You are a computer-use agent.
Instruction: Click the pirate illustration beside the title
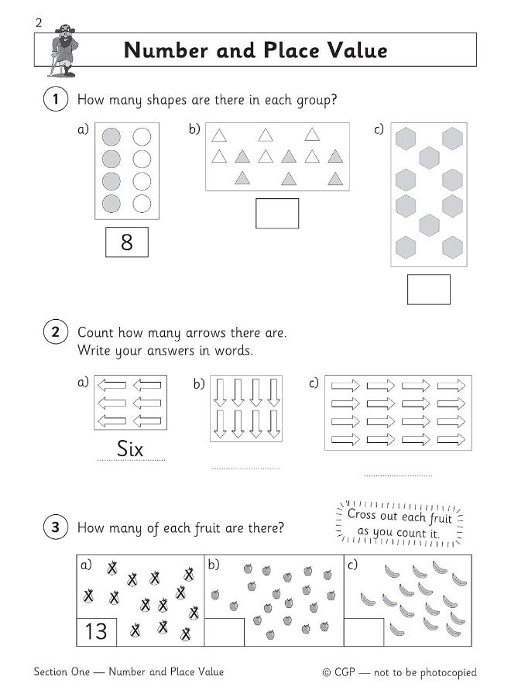point(63,50)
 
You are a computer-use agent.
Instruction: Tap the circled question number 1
point(56,98)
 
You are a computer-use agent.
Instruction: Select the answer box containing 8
point(127,242)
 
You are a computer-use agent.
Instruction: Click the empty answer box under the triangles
point(277,214)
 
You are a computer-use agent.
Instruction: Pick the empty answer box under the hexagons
point(429,290)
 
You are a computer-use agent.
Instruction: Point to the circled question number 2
point(56,332)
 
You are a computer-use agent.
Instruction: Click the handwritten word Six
point(130,448)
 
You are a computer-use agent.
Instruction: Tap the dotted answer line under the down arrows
point(246,468)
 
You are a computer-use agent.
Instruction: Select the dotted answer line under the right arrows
point(398,476)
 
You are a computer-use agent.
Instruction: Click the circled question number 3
point(56,527)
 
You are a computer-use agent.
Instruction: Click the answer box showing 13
point(97,632)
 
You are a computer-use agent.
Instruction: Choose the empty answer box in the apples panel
point(224,632)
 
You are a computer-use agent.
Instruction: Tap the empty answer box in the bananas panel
point(364,632)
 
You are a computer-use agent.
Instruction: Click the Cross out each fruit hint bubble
point(400,524)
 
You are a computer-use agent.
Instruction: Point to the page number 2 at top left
point(39,22)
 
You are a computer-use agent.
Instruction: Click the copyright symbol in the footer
point(327,673)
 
